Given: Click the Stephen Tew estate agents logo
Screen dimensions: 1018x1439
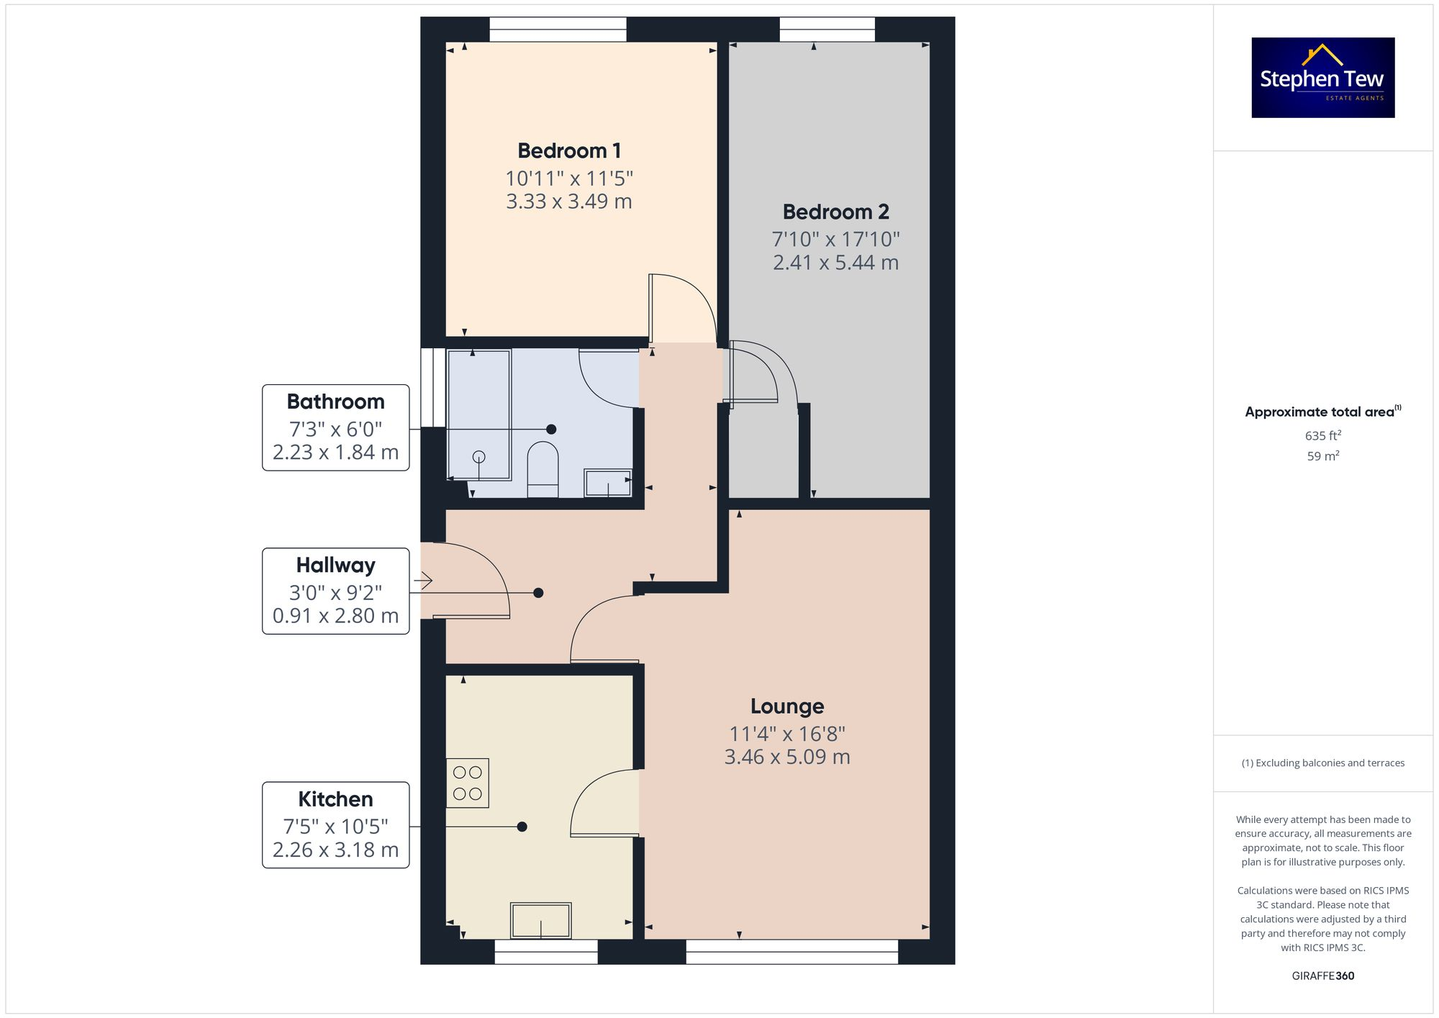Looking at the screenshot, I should (x=1322, y=78).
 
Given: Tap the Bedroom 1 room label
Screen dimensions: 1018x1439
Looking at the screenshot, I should (x=568, y=151).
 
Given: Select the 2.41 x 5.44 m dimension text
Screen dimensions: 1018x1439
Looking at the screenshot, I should (x=835, y=263).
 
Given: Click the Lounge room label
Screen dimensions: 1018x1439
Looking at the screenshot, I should (x=787, y=706).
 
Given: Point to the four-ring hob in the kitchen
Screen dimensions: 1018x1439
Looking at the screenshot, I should (x=468, y=783).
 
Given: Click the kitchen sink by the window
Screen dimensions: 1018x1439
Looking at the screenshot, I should (x=541, y=920).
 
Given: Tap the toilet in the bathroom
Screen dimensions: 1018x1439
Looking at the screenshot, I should (x=543, y=469).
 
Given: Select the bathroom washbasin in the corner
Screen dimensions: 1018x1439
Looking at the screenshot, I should (x=608, y=483).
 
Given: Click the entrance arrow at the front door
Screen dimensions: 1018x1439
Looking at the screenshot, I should (x=423, y=580).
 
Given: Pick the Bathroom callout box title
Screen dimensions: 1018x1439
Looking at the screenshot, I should (x=335, y=401).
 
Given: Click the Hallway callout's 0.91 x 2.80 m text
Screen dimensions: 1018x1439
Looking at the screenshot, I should (x=335, y=616).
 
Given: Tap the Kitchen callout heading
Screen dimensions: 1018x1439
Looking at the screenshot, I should (x=335, y=799).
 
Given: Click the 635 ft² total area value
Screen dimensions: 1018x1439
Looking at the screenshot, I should (x=1322, y=436).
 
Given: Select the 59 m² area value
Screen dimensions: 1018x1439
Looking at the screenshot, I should (x=1322, y=456).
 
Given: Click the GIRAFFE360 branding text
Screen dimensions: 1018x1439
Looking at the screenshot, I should (x=1322, y=976).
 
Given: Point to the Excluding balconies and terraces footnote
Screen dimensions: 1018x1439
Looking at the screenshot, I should (x=1322, y=763).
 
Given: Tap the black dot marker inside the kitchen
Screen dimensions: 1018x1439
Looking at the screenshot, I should (x=522, y=827).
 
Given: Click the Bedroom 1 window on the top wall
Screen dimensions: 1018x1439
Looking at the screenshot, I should (x=558, y=29).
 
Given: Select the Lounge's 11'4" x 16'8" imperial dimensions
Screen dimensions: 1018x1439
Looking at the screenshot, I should (x=787, y=734).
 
